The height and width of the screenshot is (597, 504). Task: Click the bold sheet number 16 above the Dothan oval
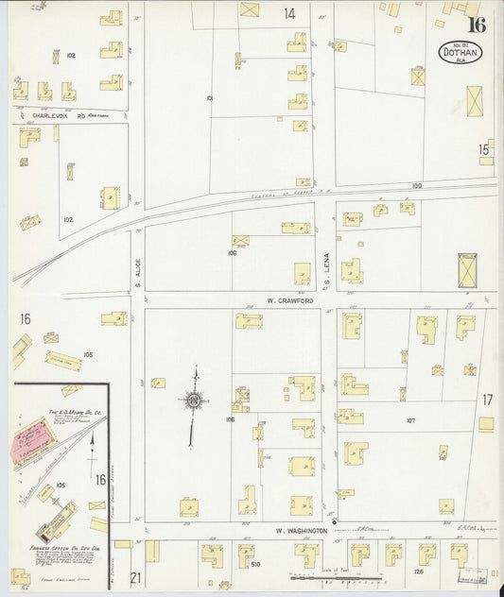pos(475,25)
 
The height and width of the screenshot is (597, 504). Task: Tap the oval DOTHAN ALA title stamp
pos(461,53)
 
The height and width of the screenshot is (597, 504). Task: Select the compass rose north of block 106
pos(193,401)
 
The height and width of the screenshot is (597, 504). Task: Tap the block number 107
pos(410,420)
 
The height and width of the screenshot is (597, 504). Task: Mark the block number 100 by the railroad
pos(417,186)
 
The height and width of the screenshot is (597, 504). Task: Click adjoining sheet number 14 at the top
pos(288,13)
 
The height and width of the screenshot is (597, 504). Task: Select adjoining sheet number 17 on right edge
pos(487,400)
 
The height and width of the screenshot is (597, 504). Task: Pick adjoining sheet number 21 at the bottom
pos(135,577)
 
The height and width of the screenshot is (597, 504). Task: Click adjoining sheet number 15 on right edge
pos(484,148)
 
